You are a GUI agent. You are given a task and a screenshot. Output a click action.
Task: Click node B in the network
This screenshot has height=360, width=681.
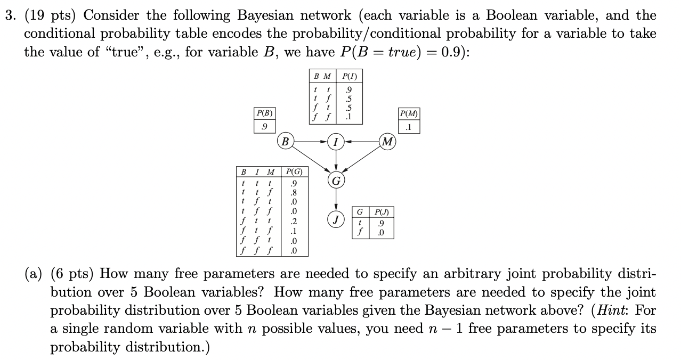286,142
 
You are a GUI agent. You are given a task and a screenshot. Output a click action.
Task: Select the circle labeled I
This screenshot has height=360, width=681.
336,142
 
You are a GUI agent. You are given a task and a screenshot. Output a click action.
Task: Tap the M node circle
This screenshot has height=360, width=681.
387,142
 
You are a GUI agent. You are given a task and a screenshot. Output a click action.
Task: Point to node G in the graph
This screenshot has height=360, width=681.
336,181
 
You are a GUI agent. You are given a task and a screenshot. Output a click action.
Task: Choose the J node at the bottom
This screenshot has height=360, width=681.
336,219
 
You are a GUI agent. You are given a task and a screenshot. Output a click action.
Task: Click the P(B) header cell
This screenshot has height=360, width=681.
264,113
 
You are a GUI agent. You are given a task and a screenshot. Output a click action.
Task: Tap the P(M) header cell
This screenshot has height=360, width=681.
409,113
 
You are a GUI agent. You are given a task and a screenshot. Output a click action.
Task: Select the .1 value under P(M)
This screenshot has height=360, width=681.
409,127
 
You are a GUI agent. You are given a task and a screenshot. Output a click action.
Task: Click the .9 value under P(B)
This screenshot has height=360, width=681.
264,127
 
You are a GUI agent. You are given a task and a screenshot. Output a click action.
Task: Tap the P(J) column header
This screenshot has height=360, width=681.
382,212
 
